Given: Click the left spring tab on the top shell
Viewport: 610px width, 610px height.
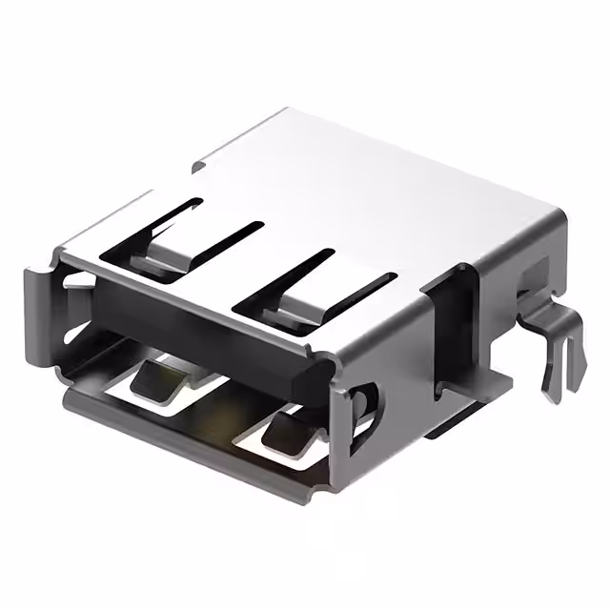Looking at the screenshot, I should [x=172, y=250].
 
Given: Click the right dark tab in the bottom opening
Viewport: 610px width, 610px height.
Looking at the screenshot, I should [x=286, y=431].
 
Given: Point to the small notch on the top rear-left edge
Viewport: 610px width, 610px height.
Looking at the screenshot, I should [x=197, y=167].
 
